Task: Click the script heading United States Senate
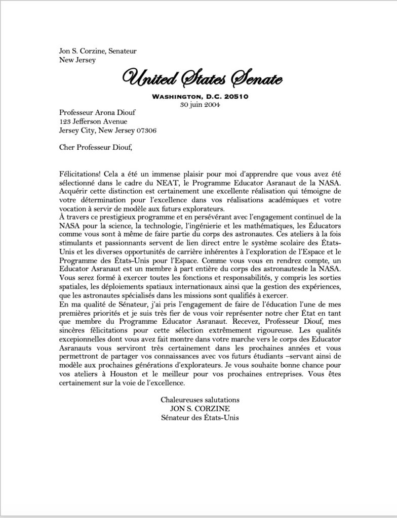tap(202, 78)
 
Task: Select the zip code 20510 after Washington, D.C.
tap(234, 97)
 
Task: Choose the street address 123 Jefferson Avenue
tap(90, 121)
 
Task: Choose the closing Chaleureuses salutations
tap(200, 400)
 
